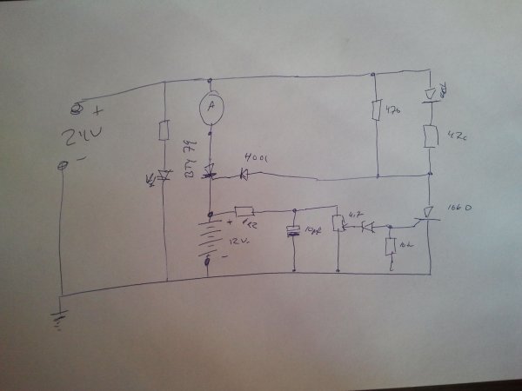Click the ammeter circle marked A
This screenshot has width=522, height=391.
point(210,106)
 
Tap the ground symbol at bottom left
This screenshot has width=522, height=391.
point(61,319)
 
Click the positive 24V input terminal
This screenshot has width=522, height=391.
point(76,109)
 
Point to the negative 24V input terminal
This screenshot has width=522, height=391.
point(62,165)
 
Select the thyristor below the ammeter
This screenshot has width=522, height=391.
point(210,174)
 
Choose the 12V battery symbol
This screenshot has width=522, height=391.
point(210,236)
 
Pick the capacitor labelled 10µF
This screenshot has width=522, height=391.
point(294,231)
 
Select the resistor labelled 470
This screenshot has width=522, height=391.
point(376,110)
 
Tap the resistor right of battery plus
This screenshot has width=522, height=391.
point(244,212)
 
